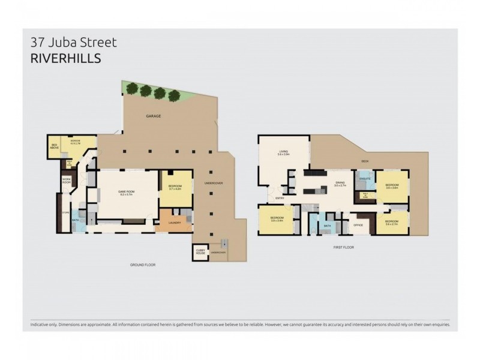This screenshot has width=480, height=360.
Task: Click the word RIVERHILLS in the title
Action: (x=64, y=59)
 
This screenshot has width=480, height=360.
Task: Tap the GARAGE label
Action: (x=152, y=116)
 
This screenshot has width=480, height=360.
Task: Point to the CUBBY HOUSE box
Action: (x=200, y=253)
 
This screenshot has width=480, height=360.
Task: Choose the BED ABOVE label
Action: (x=55, y=146)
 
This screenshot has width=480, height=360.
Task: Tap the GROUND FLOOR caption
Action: (x=143, y=265)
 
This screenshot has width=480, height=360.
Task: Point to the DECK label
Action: (x=364, y=161)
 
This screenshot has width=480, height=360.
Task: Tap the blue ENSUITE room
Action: (x=364, y=179)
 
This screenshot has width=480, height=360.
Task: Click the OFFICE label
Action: (x=358, y=225)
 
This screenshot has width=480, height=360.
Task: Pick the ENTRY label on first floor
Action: (x=280, y=198)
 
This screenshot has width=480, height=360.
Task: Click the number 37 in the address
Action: (x=38, y=43)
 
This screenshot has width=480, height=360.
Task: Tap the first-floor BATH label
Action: (x=328, y=226)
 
